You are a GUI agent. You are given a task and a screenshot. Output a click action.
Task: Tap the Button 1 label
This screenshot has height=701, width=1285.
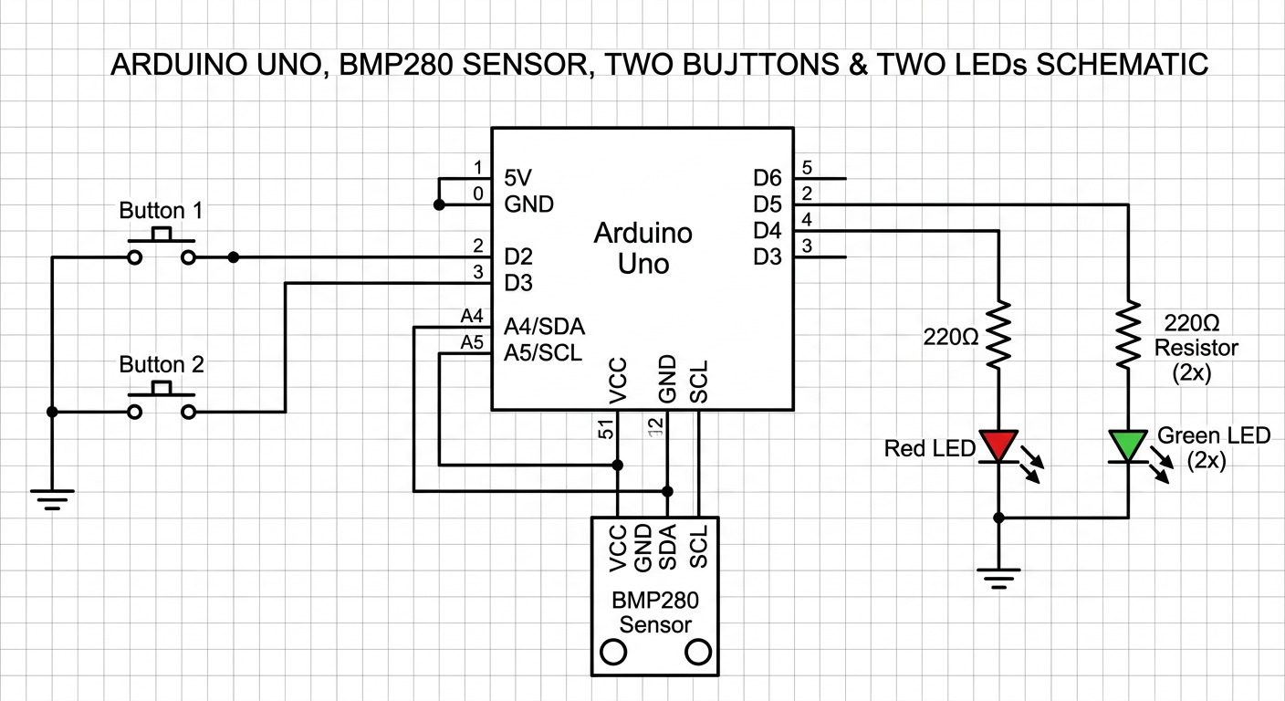click(161, 211)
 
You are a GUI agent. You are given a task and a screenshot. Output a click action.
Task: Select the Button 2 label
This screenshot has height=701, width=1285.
click(162, 365)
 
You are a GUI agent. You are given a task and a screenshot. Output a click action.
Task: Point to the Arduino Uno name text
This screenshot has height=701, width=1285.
click(643, 248)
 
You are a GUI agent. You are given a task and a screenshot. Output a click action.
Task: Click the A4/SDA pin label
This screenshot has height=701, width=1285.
click(545, 327)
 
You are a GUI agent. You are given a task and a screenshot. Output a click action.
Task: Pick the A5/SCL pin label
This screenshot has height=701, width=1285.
click(543, 353)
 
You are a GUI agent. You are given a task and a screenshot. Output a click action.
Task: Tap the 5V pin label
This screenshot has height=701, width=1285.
click(518, 178)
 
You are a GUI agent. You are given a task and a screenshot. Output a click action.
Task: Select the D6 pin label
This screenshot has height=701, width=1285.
click(768, 178)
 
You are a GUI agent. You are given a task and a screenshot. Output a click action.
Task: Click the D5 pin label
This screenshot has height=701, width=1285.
click(768, 204)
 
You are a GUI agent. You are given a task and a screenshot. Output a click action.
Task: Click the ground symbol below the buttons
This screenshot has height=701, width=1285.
click(52, 499)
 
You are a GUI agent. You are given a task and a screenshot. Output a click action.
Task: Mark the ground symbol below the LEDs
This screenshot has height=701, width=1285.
click(998, 579)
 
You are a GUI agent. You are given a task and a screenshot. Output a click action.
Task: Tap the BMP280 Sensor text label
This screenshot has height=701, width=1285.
click(655, 612)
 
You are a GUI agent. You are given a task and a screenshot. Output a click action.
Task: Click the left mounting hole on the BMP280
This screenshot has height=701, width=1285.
click(612, 653)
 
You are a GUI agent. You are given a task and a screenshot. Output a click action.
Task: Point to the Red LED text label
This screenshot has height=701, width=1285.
click(930, 448)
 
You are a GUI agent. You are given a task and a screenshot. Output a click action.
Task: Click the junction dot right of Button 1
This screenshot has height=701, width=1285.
click(234, 257)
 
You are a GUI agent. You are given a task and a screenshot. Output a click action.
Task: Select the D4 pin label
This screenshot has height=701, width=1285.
click(768, 231)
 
